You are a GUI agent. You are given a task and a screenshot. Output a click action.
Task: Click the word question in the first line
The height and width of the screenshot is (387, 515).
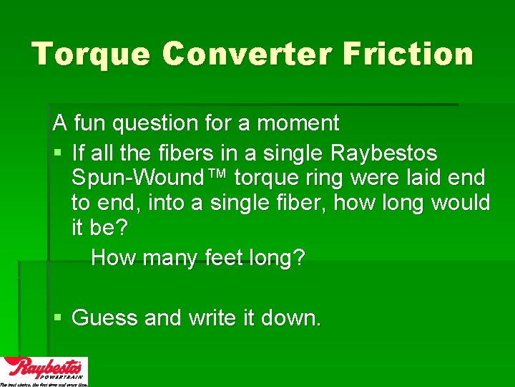pos(154,123)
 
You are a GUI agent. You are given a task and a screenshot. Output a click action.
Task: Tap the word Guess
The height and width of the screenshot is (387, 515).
pos(105,317)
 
